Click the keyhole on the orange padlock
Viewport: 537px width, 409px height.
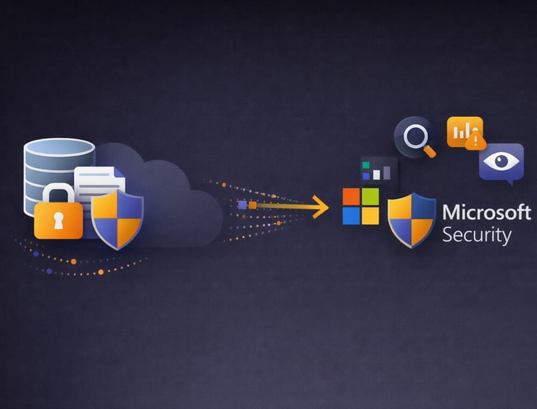(58, 221)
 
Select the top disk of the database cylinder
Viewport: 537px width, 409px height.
(59, 148)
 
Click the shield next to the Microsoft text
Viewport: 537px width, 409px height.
(412, 220)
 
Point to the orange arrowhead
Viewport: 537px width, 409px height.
(321, 207)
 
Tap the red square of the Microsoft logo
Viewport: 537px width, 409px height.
(351, 197)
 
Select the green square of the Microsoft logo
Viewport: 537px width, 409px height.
(370, 197)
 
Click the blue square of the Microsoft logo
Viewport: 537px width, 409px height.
(351, 216)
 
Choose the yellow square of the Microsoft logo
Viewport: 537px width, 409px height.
(370, 216)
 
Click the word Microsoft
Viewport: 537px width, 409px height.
(487, 212)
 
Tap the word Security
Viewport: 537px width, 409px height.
(476, 235)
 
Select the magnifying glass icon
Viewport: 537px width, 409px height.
(414, 136)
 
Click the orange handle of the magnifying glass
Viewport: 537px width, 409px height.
(429, 150)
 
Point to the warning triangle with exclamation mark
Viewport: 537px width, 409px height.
(475, 142)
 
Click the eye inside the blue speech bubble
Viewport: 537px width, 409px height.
(501, 162)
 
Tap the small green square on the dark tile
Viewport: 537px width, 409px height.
(365, 165)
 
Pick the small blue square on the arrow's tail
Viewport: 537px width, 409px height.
(242, 204)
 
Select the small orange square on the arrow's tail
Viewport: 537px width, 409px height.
(253, 205)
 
